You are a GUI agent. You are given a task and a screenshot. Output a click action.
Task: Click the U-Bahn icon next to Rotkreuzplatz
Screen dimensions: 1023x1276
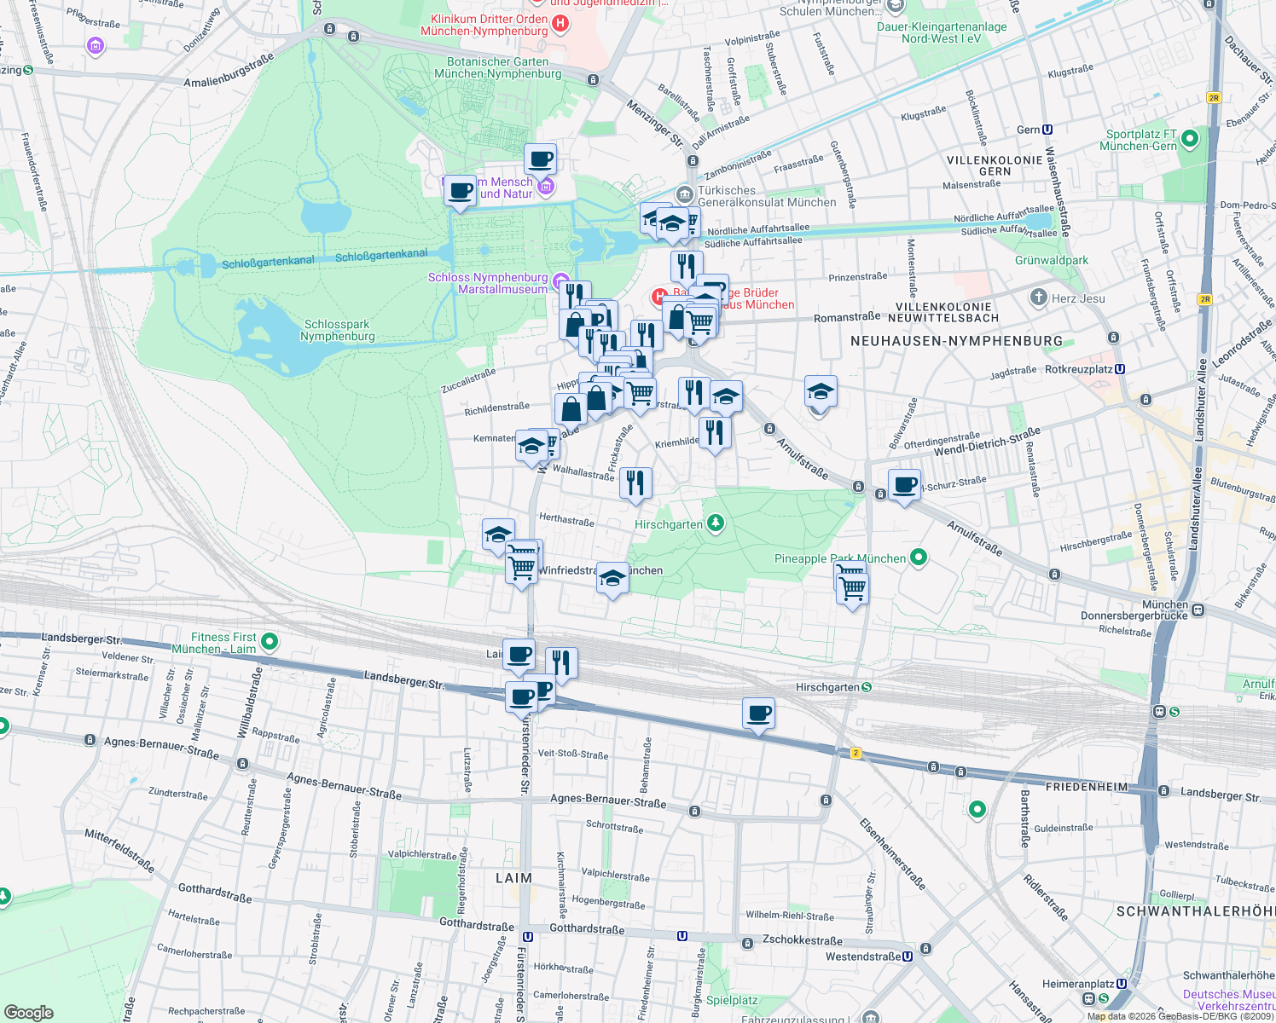(x=1120, y=369)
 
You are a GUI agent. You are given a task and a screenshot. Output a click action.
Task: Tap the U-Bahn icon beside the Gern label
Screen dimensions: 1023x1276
(x=1047, y=130)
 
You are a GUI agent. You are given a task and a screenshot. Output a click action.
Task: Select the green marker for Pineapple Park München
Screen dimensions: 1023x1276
(x=919, y=558)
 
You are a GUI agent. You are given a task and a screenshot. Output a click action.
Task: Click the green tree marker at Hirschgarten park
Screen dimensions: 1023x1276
(x=716, y=523)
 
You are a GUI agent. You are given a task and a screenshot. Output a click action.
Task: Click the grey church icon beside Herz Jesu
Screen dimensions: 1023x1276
(x=1038, y=298)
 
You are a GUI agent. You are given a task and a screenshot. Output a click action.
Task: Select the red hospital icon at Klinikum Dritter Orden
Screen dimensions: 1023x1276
(x=560, y=24)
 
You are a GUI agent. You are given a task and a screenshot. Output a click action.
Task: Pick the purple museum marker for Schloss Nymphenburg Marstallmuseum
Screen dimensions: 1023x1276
(x=560, y=281)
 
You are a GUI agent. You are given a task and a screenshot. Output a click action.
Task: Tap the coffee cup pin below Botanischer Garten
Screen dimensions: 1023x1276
(x=540, y=159)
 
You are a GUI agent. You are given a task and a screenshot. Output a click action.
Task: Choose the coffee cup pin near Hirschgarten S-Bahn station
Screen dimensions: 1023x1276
(x=758, y=714)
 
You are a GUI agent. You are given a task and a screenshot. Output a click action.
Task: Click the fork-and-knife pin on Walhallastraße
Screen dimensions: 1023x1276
(x=635, y=483)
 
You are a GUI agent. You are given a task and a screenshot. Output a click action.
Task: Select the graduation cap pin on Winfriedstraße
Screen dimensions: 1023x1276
(x=612, y=579)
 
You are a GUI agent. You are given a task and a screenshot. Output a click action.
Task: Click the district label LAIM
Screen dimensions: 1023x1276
(x=513, y=878)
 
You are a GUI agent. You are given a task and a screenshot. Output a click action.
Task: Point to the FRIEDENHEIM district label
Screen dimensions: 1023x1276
(x=1087, y=787)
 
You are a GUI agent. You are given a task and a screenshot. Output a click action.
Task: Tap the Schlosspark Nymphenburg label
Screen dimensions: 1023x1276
(x=338, y=330)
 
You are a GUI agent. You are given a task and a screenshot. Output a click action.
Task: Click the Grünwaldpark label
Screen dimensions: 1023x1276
(x=1052, y=260)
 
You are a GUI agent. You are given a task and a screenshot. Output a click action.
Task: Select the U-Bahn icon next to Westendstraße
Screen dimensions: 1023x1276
(x=908, y=956)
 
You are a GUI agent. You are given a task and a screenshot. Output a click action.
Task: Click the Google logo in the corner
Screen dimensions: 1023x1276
(x=29, y=1013)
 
